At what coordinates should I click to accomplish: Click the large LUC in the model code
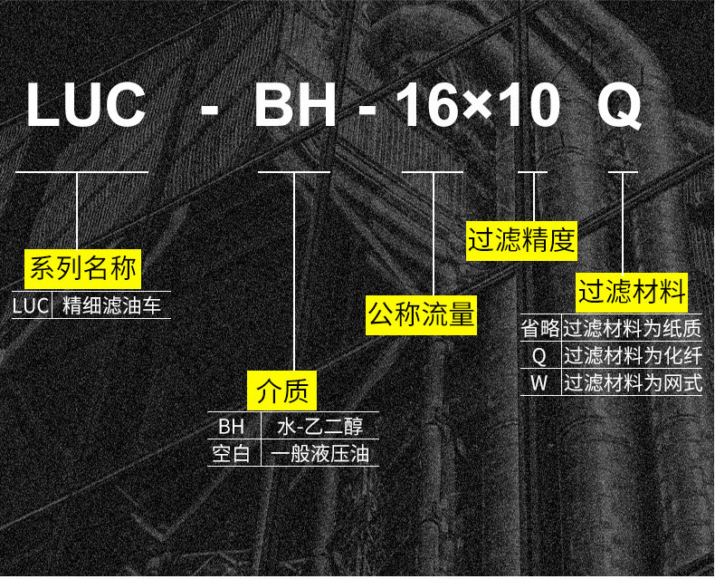pos(86,106)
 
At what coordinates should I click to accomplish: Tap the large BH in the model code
pos(295,106)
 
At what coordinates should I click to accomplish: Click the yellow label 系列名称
pos(82,268)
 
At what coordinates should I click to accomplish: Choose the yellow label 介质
pos(283,391)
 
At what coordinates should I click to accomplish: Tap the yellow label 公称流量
pos(421,315)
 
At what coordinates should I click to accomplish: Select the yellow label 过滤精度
pos(522,241)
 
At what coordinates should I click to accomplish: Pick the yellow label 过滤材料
pos(633,293)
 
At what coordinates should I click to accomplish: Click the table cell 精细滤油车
pos(111,306)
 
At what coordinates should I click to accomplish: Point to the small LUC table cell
pos(30,306)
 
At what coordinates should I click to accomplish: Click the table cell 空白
pos(231,453)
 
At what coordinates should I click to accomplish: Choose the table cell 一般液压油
pos(319,453)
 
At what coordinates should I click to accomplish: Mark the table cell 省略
pos(540,328)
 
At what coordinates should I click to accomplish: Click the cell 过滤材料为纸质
pos(633,328)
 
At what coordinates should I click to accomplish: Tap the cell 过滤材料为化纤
pos(633,355)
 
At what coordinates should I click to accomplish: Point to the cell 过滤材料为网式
pos(633,382)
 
